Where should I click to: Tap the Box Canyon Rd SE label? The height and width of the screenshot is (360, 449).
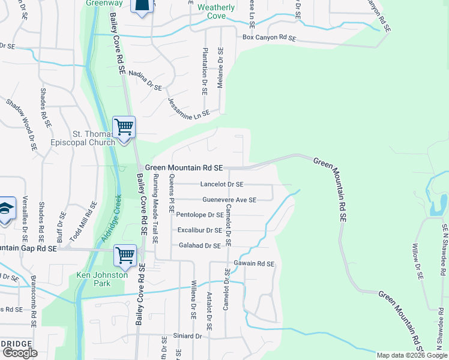(x=270, y=38)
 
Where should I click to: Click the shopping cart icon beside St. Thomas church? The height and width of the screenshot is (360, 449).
(x=124, y=128)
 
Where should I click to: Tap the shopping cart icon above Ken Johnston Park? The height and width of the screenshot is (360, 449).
(x=125, y=256)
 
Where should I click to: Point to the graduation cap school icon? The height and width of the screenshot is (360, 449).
(x=5, y=209)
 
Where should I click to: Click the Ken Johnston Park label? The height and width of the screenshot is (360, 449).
(x=101, y=280)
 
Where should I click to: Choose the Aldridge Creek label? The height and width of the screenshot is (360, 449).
(x=110, y=218)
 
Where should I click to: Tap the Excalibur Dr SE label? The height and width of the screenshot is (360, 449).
(x=200, y=230)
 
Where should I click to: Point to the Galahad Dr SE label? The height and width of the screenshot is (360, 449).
(x=200, y=245)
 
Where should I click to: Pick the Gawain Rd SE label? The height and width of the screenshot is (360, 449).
(x=253, y=263)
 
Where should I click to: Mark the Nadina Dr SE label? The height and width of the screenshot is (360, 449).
(x=145, y=80)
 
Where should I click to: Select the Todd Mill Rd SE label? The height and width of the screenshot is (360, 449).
(x=83, y=221)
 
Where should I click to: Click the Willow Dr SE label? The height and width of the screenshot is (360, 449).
(x=417, y=260)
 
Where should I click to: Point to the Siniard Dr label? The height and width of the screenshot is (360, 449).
(x=187, y=336)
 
